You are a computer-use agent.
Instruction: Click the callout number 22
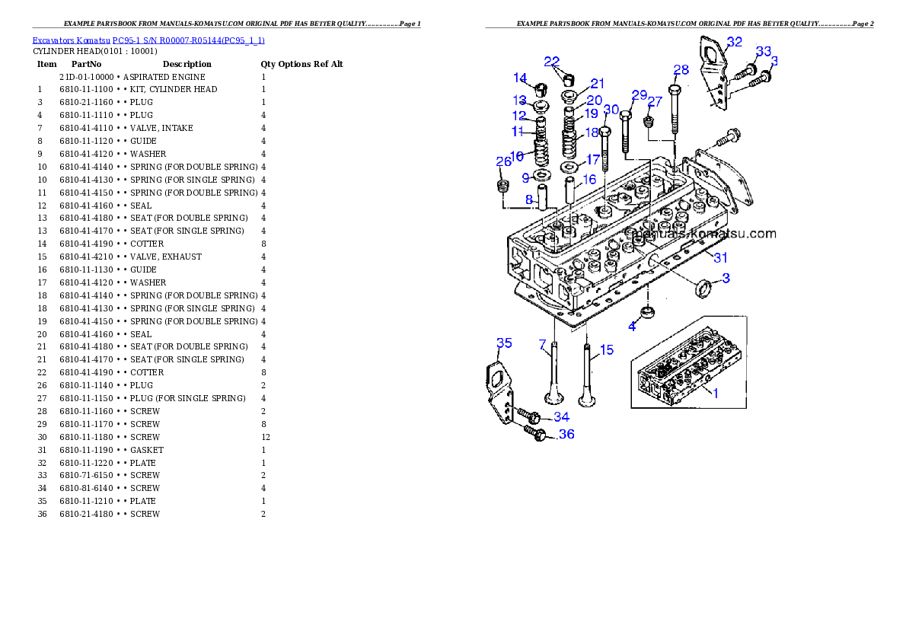(552, 61)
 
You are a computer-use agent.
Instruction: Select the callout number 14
(520, 78)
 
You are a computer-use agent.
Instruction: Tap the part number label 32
(734, 42)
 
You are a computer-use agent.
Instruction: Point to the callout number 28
(681, 69)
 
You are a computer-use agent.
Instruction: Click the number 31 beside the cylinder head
(720, 257)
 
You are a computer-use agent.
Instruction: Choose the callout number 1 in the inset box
(715, 392)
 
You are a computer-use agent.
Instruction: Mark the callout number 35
(504, 343)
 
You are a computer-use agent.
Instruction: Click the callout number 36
(566, 434)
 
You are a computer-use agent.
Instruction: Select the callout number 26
(503, 161)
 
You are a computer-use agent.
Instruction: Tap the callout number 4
(632, 327)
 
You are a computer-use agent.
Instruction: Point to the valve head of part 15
(586, 399)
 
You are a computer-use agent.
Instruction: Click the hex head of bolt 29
(625, 115)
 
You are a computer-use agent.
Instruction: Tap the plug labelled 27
(649, 122)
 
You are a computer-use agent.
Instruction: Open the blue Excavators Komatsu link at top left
(148, 40)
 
